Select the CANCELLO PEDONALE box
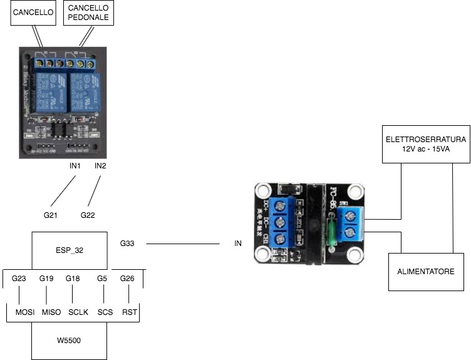pos(89,13)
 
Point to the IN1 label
pos(76,167)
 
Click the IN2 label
pos(101,167)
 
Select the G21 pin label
pos(51,215)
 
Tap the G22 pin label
pos(88,215)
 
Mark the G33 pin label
pos(127,243)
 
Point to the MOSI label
pos(19,311)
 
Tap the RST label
pos(130,311)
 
